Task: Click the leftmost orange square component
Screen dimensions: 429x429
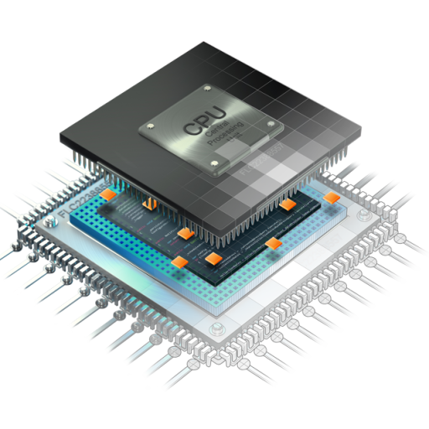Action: point(108,194)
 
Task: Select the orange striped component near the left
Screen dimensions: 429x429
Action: point(147,204)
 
